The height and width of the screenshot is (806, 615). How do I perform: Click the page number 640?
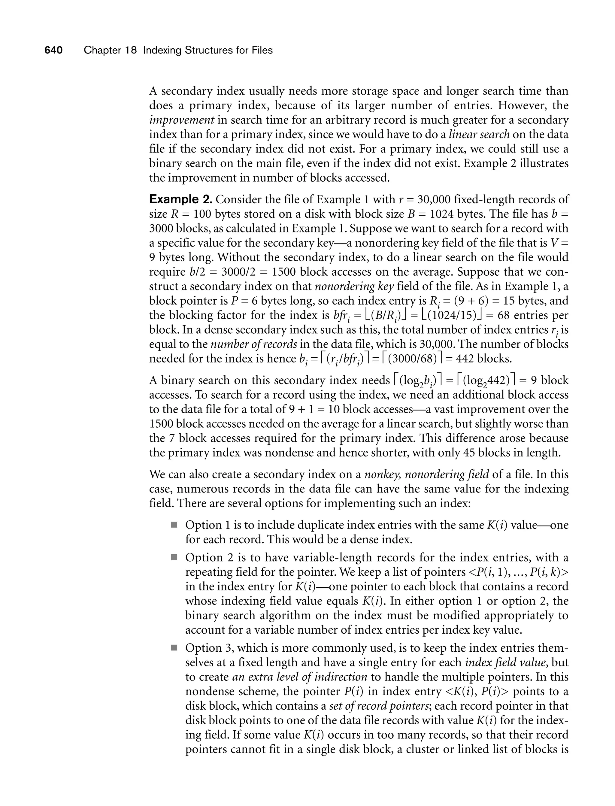click(x=53, y=50)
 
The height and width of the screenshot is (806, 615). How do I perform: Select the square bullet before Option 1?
click(x=174, y=525)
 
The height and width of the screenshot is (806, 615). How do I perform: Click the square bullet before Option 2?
click(x=174, y=558)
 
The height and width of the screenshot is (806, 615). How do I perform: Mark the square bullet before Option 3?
click(x=174, y=648)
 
